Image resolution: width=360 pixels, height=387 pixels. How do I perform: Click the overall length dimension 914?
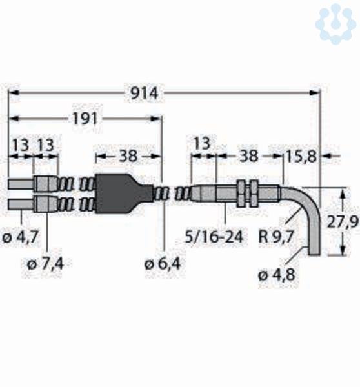click(144, 94)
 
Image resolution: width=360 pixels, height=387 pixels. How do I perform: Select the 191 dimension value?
click(85, 119)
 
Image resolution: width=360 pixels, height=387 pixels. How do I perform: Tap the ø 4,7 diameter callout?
click(20, 237)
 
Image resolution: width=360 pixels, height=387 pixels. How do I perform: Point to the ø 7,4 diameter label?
click(45, 264)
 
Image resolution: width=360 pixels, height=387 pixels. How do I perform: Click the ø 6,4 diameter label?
click(163, 264)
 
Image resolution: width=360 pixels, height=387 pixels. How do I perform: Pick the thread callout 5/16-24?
click(214, 237)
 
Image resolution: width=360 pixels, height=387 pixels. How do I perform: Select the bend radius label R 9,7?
click(276, 237)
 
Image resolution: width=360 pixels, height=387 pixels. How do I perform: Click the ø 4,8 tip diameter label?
click(277, 275)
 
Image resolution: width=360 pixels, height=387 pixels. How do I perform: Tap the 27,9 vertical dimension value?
click(343, 222)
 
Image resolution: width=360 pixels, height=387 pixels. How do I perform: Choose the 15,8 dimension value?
click(301, 157)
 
